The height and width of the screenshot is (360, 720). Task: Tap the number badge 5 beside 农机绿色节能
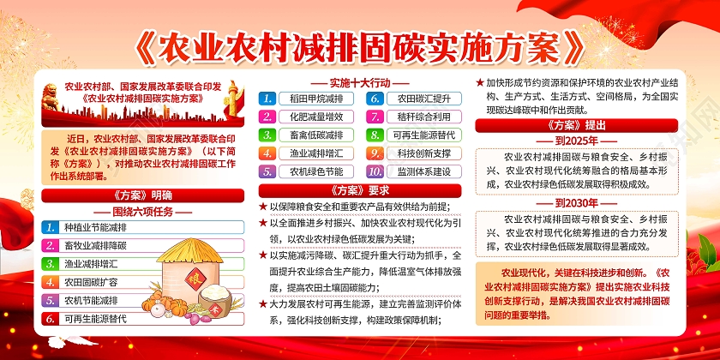coord(268,171)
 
